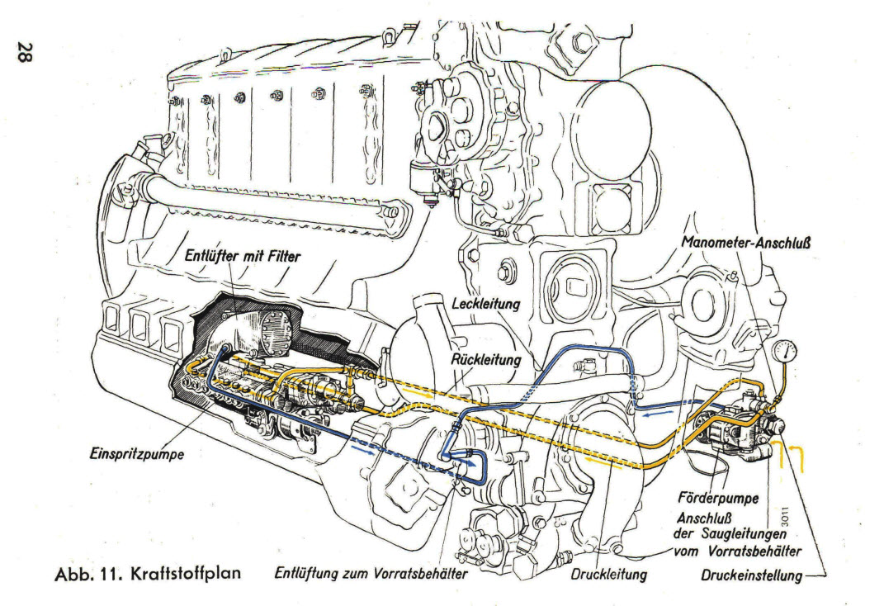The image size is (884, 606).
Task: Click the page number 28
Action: coord(26,51)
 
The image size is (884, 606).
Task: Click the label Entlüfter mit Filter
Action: coord(243,256)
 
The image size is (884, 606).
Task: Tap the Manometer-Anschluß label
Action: coord(746,243)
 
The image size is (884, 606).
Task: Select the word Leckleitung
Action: coord(486,303)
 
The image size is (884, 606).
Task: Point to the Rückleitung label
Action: coord(486,359)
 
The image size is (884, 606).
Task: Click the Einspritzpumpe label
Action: coord(137,453)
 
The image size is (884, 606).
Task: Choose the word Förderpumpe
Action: coord(718,498)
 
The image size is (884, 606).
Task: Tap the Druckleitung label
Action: coord(609,575)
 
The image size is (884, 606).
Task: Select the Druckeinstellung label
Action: coord(751,575)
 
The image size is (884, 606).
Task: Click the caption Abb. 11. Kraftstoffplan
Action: coord(148,574)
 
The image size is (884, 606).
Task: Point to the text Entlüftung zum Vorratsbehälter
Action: coord(371,574)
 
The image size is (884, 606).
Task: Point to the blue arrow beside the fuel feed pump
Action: coord(659,414)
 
